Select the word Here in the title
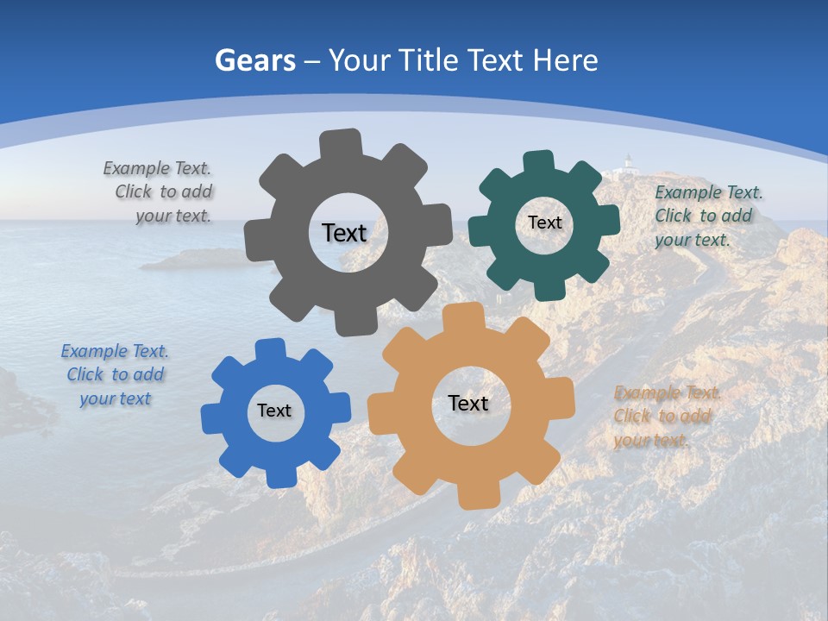[565, 60]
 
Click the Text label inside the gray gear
[344, 233]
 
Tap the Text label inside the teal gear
[544, 223]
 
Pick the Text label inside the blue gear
[274, 411]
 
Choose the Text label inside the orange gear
[468, 403]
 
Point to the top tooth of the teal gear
[538, 163]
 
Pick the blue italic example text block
[115, 374]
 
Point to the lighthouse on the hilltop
[629, 161]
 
